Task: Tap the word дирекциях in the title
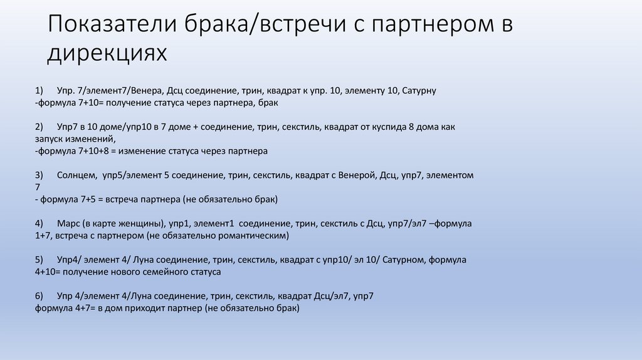[107, 54]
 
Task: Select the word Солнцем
[76, 175]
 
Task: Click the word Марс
[68, 223]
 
